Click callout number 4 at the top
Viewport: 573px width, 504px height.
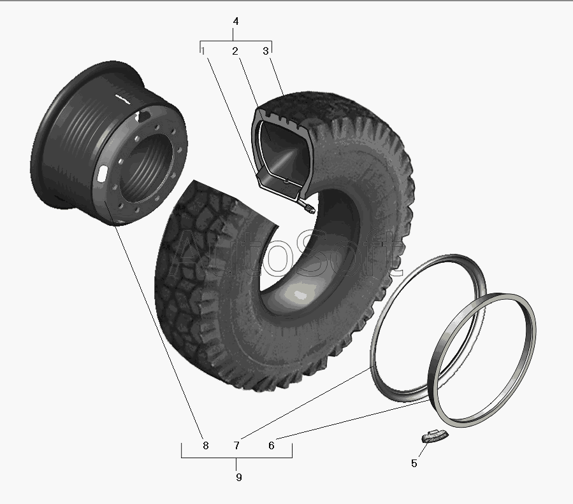pos(236,22)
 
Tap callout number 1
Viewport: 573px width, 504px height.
pos(203,51)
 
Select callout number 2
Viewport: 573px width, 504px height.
pos(235,51)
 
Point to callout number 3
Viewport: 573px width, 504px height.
pos(266,51)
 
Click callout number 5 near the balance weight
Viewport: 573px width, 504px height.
pos(414,463)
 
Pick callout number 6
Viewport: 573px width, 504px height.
pos(271,445)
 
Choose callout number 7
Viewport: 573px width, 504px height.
pos(236,445)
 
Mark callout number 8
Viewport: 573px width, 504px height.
pos(205,445)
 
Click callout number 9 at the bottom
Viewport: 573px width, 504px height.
pos(238,477)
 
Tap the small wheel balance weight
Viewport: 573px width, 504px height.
pos(434,436)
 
